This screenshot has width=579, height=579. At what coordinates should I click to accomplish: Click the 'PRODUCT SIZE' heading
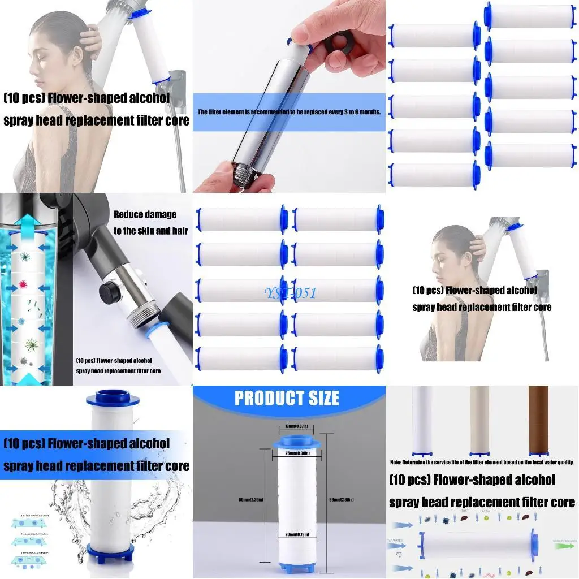pos(287,398)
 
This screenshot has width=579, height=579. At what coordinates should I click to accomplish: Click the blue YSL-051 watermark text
pos(290,293)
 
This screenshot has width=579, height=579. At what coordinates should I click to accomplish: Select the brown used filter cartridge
pos(538,420)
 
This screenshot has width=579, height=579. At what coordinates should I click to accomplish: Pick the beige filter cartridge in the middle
pos(480,420)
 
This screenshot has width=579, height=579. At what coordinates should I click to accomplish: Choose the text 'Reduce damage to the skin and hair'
pos(150,222)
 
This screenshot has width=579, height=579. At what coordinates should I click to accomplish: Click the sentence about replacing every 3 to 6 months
pos(289,112)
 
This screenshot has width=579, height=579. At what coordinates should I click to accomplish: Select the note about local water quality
pos(482,462)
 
